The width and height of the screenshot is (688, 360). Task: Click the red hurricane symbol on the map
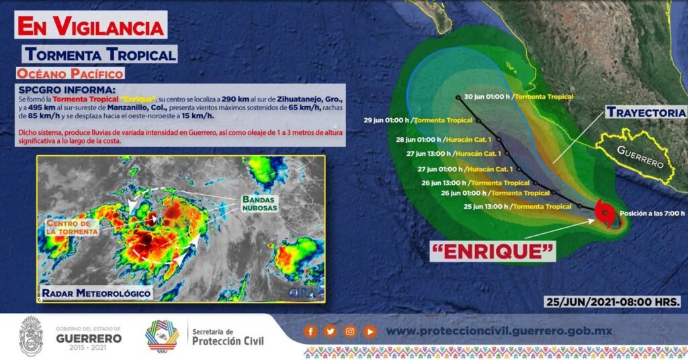coord(605,213)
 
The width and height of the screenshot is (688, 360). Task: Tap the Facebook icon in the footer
coord(310,332)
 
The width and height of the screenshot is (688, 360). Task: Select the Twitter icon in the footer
coord(331,332)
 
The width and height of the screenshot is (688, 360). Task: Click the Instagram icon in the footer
coord(350,332)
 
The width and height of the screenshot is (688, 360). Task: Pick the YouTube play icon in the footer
coord(370,332)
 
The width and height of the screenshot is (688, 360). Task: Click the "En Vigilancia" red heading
coord(91,26)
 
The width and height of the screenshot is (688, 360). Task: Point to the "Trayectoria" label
coord(646,113)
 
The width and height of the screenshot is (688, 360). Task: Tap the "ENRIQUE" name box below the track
coord(492,251)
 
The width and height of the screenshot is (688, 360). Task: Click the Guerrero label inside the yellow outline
coord(640,156)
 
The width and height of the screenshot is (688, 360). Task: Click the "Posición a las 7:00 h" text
coord(652,214)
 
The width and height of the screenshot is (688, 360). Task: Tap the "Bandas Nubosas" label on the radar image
coord(260,204)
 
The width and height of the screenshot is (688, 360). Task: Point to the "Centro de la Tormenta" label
coord(73,227)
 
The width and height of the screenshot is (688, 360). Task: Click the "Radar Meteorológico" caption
coord(96,293)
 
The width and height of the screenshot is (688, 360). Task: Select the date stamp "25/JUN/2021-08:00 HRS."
coord(613,302)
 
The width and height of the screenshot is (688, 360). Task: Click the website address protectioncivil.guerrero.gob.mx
coord(499,332)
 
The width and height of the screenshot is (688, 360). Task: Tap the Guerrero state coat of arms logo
coord(31,335)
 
